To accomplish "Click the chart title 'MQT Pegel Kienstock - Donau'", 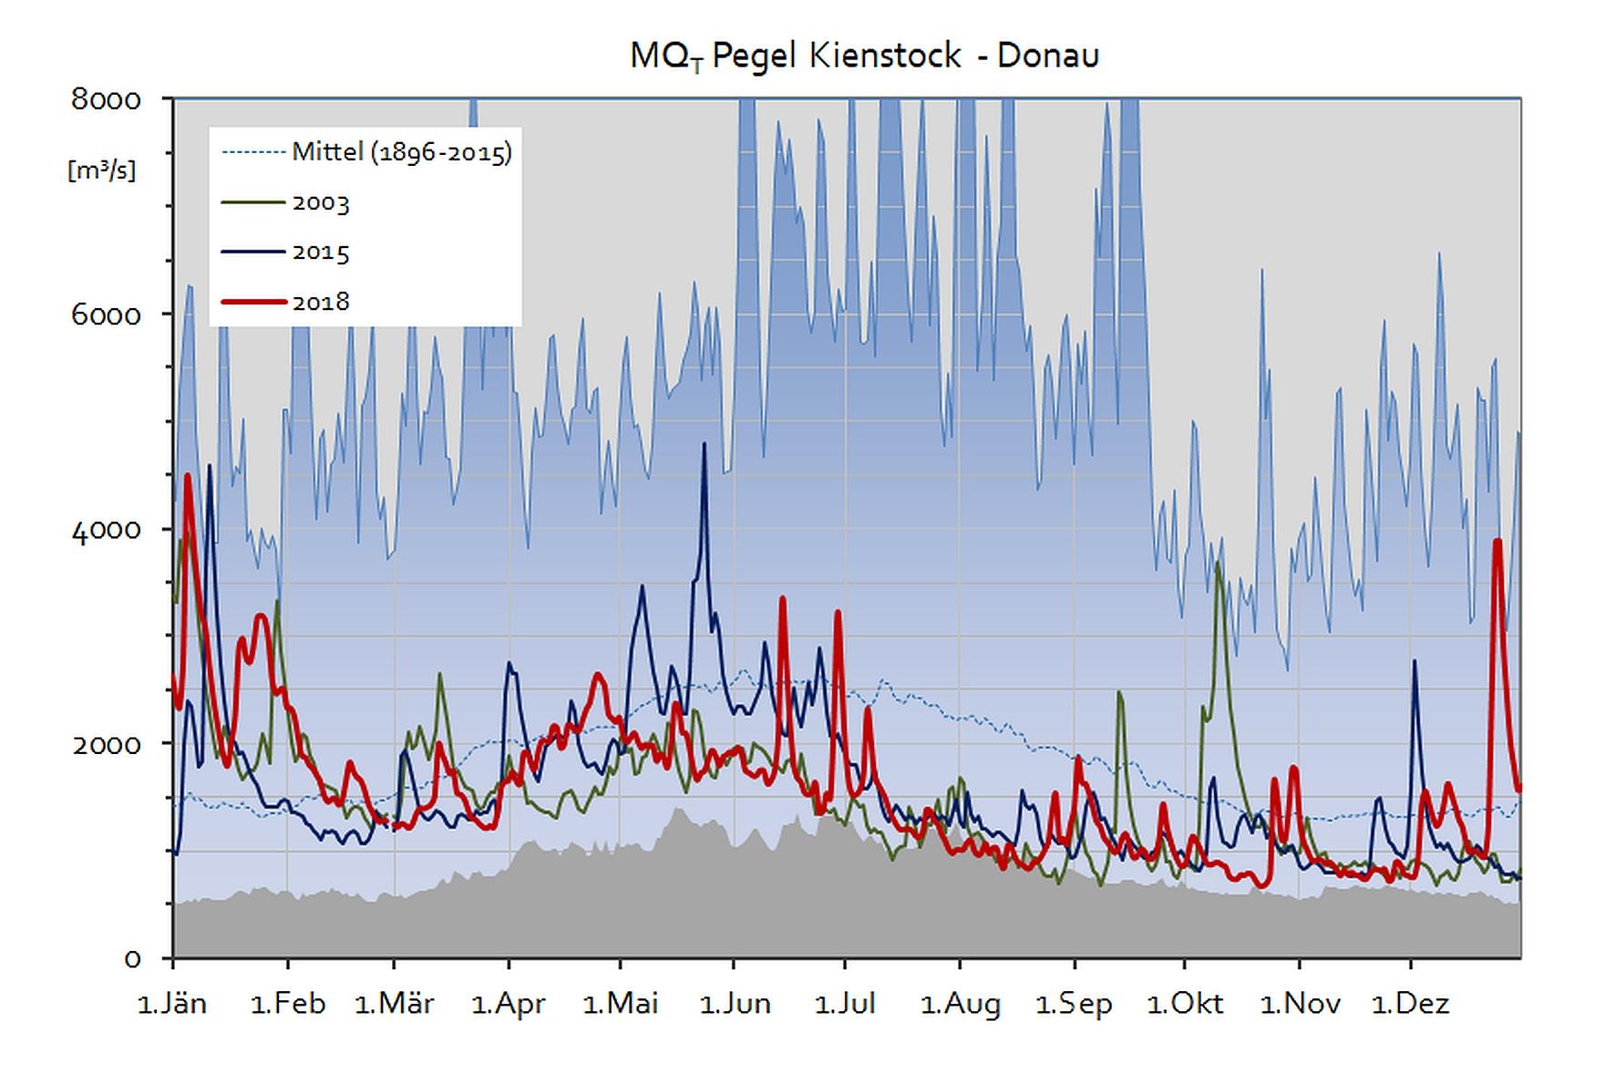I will (x=864, y=56).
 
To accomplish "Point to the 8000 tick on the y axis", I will (x=107, y=99).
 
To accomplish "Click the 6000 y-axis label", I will (x=107, y=315).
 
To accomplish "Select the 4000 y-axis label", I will (x=107, y=531).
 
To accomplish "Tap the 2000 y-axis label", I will (x=107, y=745).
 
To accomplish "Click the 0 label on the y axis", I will (x=133, y=959).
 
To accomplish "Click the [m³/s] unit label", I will (x=101, y=170).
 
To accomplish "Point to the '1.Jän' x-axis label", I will (x=172, y=1005).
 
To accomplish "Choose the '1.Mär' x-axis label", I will (x=394, y=1005).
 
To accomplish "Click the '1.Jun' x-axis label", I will (x=735, y=1005).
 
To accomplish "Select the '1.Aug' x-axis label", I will (x=960, y=1005).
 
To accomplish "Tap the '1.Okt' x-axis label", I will (x=1185, y=1005).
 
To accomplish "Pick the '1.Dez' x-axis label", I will (x=1411, y=1005).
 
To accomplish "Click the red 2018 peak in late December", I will (x=1497, y=542).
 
